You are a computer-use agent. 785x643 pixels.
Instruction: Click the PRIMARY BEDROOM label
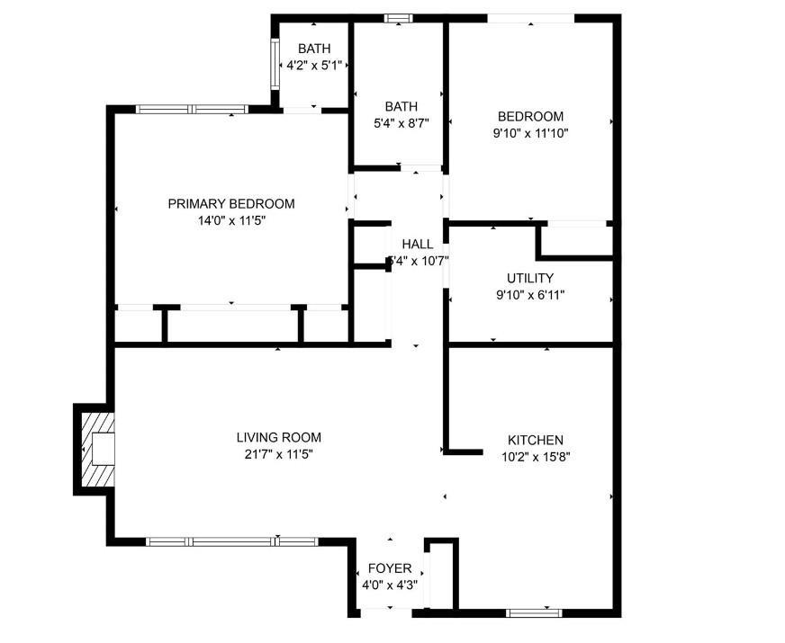(x=230, y=204)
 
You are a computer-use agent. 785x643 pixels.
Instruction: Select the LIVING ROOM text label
(x=278, y=437)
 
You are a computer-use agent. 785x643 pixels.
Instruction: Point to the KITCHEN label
(x=536, y=440)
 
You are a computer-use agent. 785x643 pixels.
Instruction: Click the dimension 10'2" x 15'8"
(x=536, y=456)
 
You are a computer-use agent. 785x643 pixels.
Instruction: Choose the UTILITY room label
(x=530, y=278)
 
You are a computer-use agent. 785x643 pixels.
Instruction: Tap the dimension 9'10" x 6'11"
(x=530, y=294)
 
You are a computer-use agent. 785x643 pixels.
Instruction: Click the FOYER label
(x=390, y=568)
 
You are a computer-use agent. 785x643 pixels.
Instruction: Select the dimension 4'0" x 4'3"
(x=390, y=585)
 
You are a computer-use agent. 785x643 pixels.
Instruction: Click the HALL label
(x=417, y=244)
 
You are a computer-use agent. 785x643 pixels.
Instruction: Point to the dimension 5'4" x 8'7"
(x=401, y=123)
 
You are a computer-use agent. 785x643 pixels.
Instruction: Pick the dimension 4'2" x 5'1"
(x=314, y=65)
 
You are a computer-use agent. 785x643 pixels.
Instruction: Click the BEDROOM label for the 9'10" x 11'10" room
(x=530, y=116)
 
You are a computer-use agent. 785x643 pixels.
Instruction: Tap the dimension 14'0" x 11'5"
(x=231, y=220)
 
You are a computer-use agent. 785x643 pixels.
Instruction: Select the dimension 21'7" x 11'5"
(x=278, y=453)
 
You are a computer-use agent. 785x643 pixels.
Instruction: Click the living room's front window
(x=232, y=541)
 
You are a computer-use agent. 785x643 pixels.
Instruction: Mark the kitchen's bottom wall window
(x=535, y=613)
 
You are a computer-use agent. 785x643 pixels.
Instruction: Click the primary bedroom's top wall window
(x=192, y=109)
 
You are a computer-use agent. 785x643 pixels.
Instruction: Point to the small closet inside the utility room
(x=576, y=240)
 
